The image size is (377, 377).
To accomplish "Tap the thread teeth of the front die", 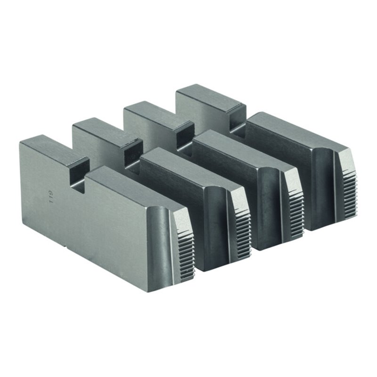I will [x=186, y=254].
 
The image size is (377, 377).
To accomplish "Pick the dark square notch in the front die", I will [x=78, y=177].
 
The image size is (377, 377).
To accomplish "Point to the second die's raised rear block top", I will [x=106, y=130].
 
